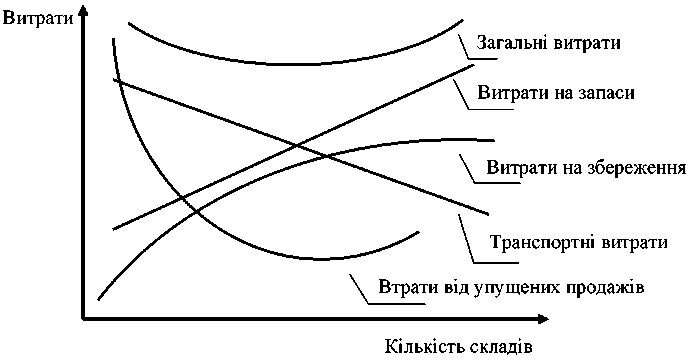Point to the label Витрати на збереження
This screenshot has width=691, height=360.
[585, 166]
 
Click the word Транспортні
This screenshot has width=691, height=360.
[541, 242]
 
